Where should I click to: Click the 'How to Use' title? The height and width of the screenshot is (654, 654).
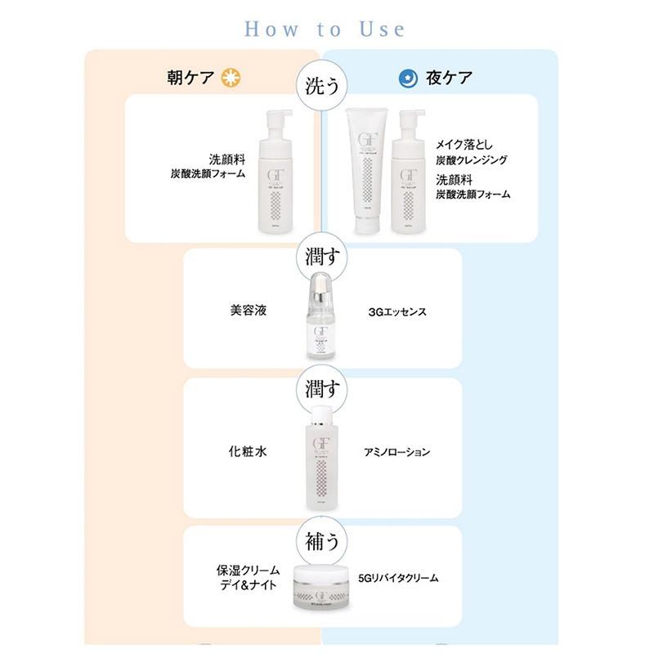tap(325, 29)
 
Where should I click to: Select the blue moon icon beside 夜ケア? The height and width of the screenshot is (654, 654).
tap(406, 78)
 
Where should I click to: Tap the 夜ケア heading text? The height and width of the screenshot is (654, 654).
tap(449, 78)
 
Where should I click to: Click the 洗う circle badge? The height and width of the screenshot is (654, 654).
tap(320, 84)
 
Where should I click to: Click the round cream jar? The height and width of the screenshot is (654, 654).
tap(320, 589)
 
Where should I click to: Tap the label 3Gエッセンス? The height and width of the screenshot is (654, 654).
tap(398, 312)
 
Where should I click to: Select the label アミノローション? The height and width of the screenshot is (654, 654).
tap(397, 451)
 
